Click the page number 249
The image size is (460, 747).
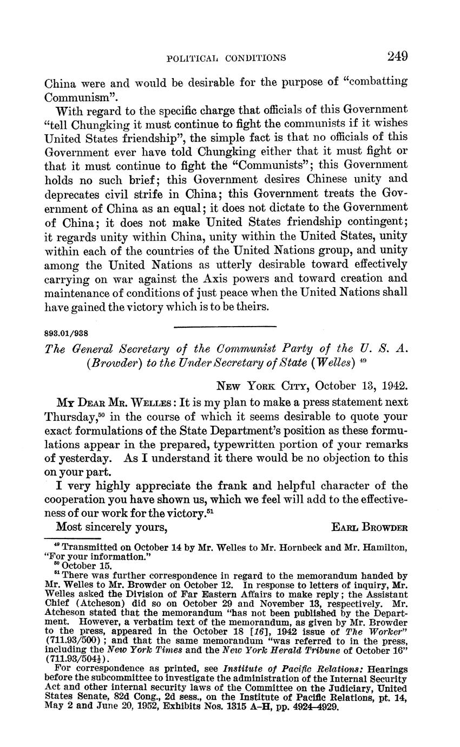[x=397, y=56]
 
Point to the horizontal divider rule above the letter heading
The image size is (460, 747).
[x=225, y=326]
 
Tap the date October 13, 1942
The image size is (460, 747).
[x=361, y=386]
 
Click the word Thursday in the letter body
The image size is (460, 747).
[x=70, y=418]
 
